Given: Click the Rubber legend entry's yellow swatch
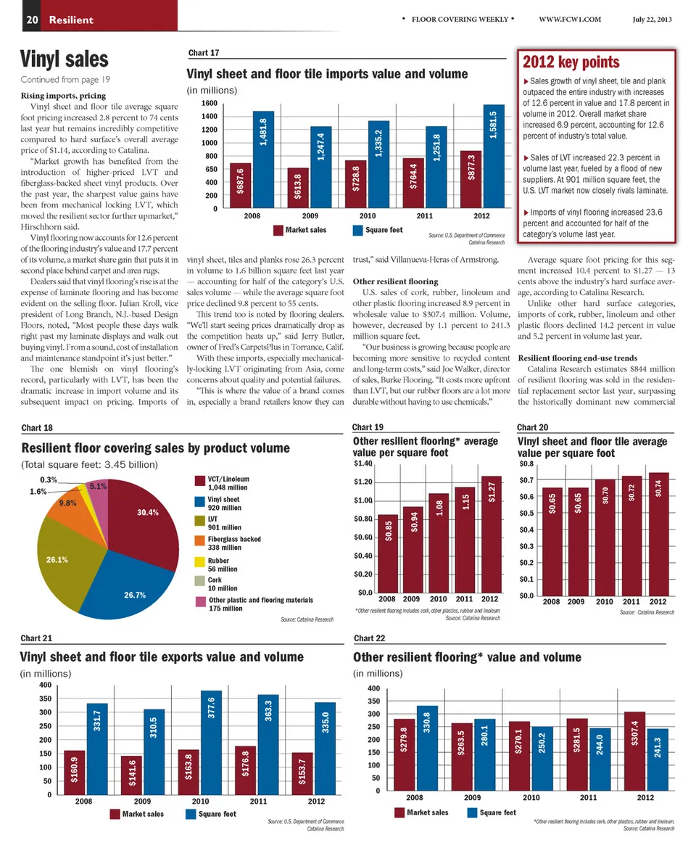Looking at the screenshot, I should pyautogui.click(x=200, y=561).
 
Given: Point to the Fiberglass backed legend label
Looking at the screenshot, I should pyautogui.click(x=234, y=539).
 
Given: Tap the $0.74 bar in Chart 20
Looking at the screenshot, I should pyautogui.click(x=657, y=533).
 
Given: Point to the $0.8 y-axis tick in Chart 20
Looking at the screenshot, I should pyautogui.click(x=528, y=463).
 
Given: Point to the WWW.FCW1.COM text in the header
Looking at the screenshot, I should pyautogui.click(x=571, y=20).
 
